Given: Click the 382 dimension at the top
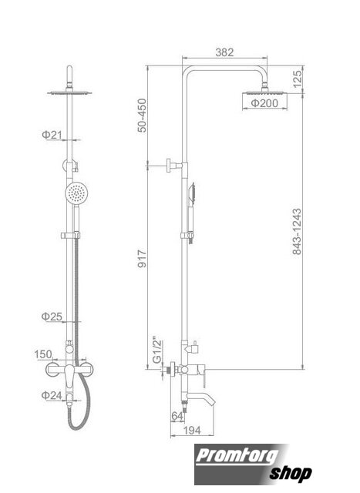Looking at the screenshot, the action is (x=224, y=52).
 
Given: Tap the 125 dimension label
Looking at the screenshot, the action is (x=297, y=79).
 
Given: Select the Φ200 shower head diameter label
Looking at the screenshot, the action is (x=264, y=102).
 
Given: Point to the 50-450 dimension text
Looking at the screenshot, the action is (x=143, y=116).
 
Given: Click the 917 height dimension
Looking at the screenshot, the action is (x=143, y=259).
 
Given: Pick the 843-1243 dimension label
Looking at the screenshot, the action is (x=297, y=231).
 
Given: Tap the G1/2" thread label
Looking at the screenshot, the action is (x=156, y=351).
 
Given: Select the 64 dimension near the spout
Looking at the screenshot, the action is (x=177, y=416).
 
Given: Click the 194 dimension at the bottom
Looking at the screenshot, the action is (x=192, y=431).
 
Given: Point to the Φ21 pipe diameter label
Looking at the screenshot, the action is (x=52, y=135).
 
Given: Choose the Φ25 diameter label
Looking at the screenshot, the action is (x=52, y=317).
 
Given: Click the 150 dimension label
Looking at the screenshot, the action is (x=43, y=354).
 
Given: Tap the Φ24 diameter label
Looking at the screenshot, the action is (x=52, y=395).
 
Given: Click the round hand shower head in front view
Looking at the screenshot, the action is (x=76, y=193).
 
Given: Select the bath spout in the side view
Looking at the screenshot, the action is (x=200, y=397).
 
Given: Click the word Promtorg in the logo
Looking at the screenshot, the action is (x=237, y=456).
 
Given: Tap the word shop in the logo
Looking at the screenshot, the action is (x=291, y=473).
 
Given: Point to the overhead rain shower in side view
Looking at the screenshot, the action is (x=264, y=92).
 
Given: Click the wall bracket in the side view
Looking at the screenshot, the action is (x=175, y=166).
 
